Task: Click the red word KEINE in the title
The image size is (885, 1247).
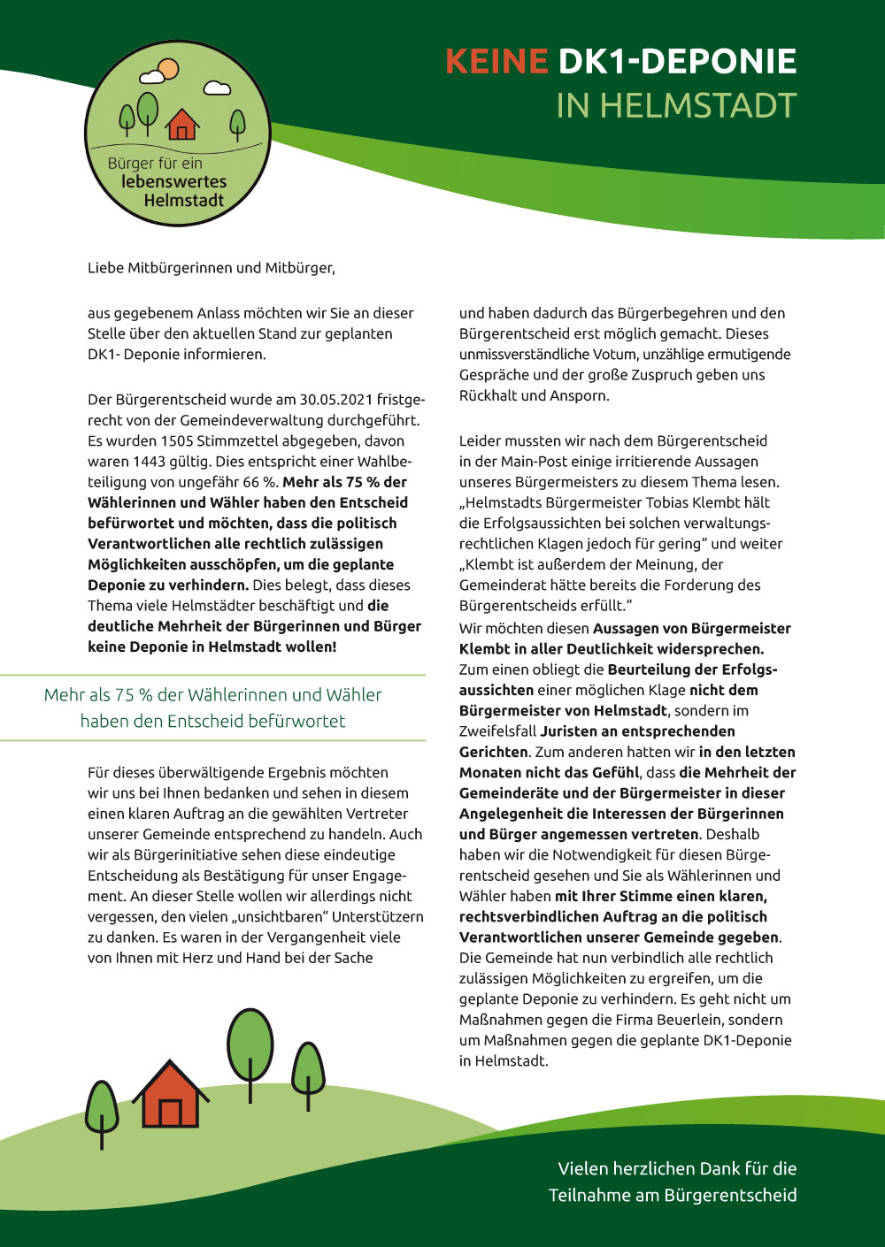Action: (x=496, y=62)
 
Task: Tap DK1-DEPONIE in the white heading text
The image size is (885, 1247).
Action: (x=677, y=62)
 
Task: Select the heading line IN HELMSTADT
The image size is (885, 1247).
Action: (x=676, y=106)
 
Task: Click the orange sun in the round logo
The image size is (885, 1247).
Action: (x=167, y=68)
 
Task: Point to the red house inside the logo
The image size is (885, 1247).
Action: (x=182, y=126)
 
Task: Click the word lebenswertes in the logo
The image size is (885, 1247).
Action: (x=173, y=182)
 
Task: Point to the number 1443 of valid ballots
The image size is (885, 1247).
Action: (x=150, y=462)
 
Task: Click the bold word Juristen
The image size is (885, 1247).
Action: (x=574, y=731)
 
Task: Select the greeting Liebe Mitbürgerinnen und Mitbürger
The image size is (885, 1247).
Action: (x=212, y=268)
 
